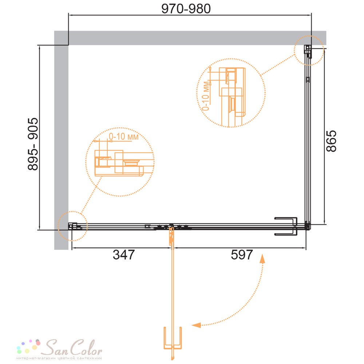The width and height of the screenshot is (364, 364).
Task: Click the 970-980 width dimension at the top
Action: coord(186,9)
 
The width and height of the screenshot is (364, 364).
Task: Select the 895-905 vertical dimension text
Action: coord(33,144)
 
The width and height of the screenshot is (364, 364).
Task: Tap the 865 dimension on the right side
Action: coord(331,141)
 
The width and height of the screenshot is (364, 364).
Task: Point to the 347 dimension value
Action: coord(124,255)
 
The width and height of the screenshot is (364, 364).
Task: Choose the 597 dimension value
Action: coord(242,255)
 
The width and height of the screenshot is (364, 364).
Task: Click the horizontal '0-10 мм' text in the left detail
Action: coord(124,136)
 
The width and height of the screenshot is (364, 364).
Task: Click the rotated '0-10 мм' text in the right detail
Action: coord(206,96)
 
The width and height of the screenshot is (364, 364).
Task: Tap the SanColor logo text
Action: coord(73,348)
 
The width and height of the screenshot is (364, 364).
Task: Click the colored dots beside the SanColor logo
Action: coord(29,347)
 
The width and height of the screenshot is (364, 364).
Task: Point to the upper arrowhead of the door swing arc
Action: coord(262,258)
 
